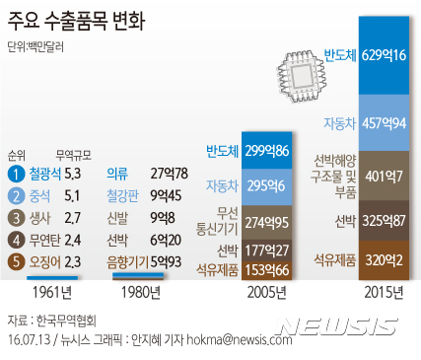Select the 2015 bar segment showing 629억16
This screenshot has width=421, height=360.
385,54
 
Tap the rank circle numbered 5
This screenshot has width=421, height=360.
15,260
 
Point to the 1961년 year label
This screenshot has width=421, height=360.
53,291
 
